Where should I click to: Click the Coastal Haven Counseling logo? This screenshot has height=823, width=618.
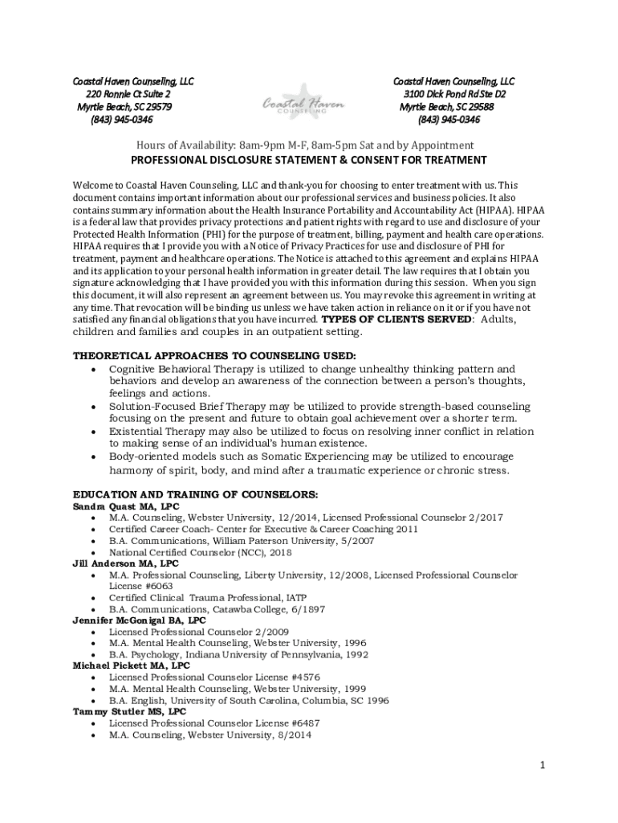coord(303,102)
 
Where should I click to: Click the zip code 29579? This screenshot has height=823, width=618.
coord(157,107)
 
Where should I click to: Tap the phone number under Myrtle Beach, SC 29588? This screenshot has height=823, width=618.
coord(449,120)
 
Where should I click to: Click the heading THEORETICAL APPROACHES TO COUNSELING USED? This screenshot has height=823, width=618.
coord(214,355)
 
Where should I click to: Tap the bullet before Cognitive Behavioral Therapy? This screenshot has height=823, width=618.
coord(95,369)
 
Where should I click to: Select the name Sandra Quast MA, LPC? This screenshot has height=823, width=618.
coord(126,507)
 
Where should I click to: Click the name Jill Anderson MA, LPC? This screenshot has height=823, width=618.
coord(126,563)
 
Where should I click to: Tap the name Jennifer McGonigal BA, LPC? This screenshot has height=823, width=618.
coord(139,620)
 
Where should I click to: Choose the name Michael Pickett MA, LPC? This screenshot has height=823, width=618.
coord(132,665)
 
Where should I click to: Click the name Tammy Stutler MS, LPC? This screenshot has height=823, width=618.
coord(129,711)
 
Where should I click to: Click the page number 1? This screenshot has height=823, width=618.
coord(543,765)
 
